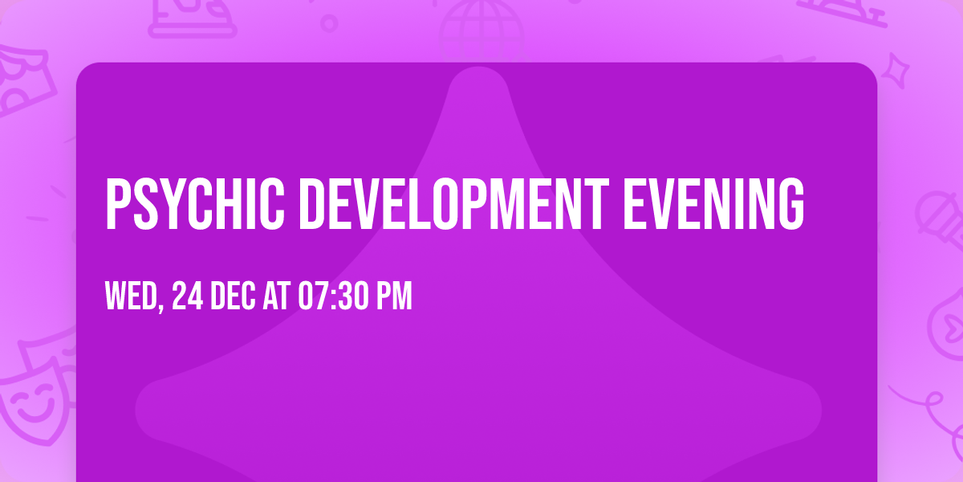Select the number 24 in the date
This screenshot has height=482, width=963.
pos(187,296)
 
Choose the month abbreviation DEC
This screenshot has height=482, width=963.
pos(233,296)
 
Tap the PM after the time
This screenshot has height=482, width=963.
pos(396,296)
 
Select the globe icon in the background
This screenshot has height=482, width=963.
pos(480,28)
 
